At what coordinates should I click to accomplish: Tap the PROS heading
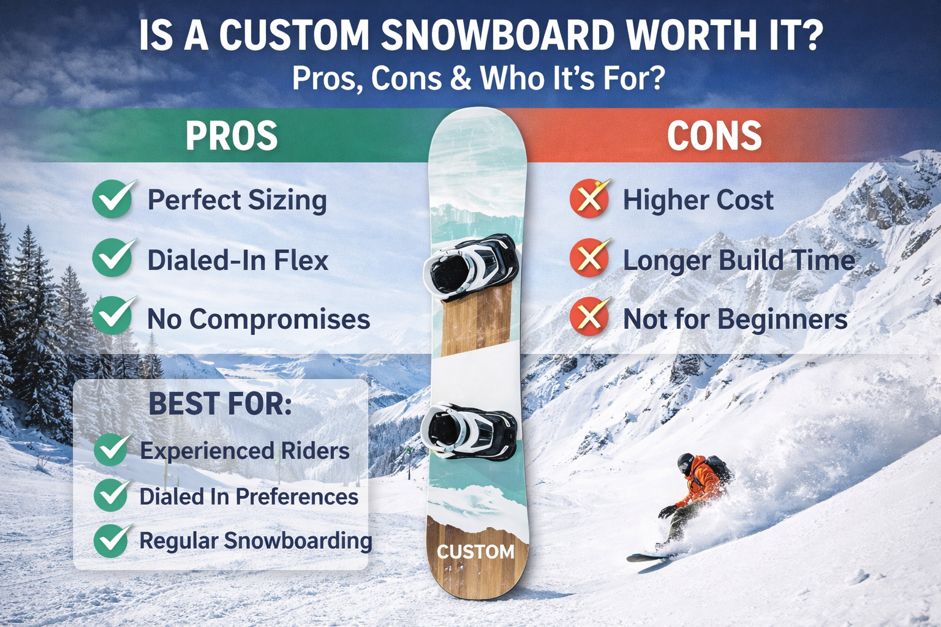232,135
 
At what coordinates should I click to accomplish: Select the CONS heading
714,135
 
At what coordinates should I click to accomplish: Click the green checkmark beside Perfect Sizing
113,199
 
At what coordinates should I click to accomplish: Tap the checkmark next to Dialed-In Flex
113,258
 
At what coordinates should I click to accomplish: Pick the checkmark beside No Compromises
113,316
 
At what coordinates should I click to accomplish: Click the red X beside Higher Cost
589,198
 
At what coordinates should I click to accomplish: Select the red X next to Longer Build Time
589,258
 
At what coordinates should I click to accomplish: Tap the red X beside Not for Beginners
589,317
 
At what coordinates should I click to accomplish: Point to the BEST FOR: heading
220,404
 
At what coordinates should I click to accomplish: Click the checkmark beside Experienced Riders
112,449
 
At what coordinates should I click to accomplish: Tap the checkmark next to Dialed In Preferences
112,495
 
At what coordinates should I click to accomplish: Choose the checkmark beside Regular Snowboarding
112,540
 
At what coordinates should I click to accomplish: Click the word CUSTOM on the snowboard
475,552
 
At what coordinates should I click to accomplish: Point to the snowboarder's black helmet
686,462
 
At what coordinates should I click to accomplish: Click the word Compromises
279,320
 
